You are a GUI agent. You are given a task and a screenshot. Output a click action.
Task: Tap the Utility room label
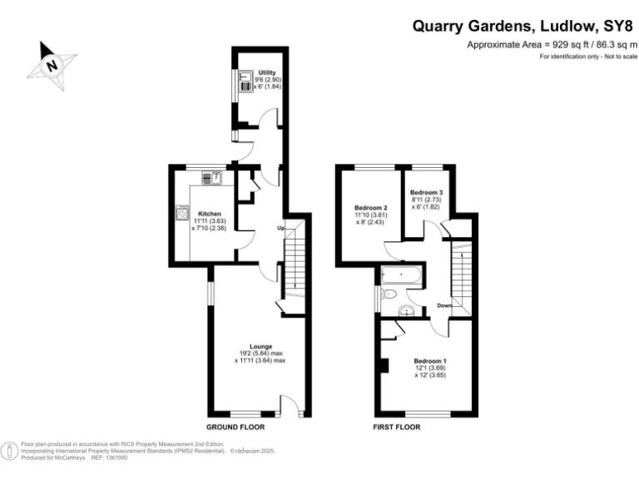click(267, 73)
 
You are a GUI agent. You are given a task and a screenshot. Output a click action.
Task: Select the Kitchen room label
click(209, 213)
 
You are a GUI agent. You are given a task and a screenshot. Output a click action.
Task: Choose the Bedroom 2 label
click(371, 207)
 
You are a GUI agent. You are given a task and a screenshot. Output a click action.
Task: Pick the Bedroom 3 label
click(426, 192)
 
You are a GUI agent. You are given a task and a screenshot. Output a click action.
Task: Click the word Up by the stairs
click(282, 227)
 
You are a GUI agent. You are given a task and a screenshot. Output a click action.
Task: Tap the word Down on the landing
click(443, 305)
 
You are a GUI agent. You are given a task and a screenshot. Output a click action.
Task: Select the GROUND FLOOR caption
click(235, 427)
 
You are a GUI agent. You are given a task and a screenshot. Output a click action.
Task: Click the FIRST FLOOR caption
click(396, 427)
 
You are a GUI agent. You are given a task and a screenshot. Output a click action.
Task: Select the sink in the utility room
click(245, 81)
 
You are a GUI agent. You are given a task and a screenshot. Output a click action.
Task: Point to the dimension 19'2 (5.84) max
click(260, 353)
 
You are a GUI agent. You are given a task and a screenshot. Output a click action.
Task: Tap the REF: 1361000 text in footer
click(109, 457)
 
